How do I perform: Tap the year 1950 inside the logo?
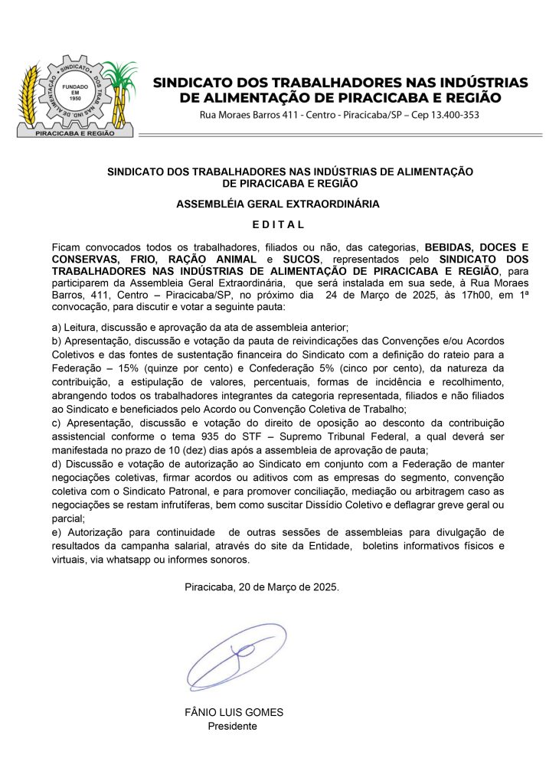(x=75, y=99)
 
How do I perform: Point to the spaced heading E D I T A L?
(x=279, y=224)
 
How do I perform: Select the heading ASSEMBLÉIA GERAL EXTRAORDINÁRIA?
(x=278, y=204)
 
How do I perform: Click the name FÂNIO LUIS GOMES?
(x=234, y=712)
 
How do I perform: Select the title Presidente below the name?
(x=233, y=726)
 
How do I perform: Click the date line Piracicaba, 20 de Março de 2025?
(x=261, y=587)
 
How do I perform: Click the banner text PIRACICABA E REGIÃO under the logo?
(x=75, y=132)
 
